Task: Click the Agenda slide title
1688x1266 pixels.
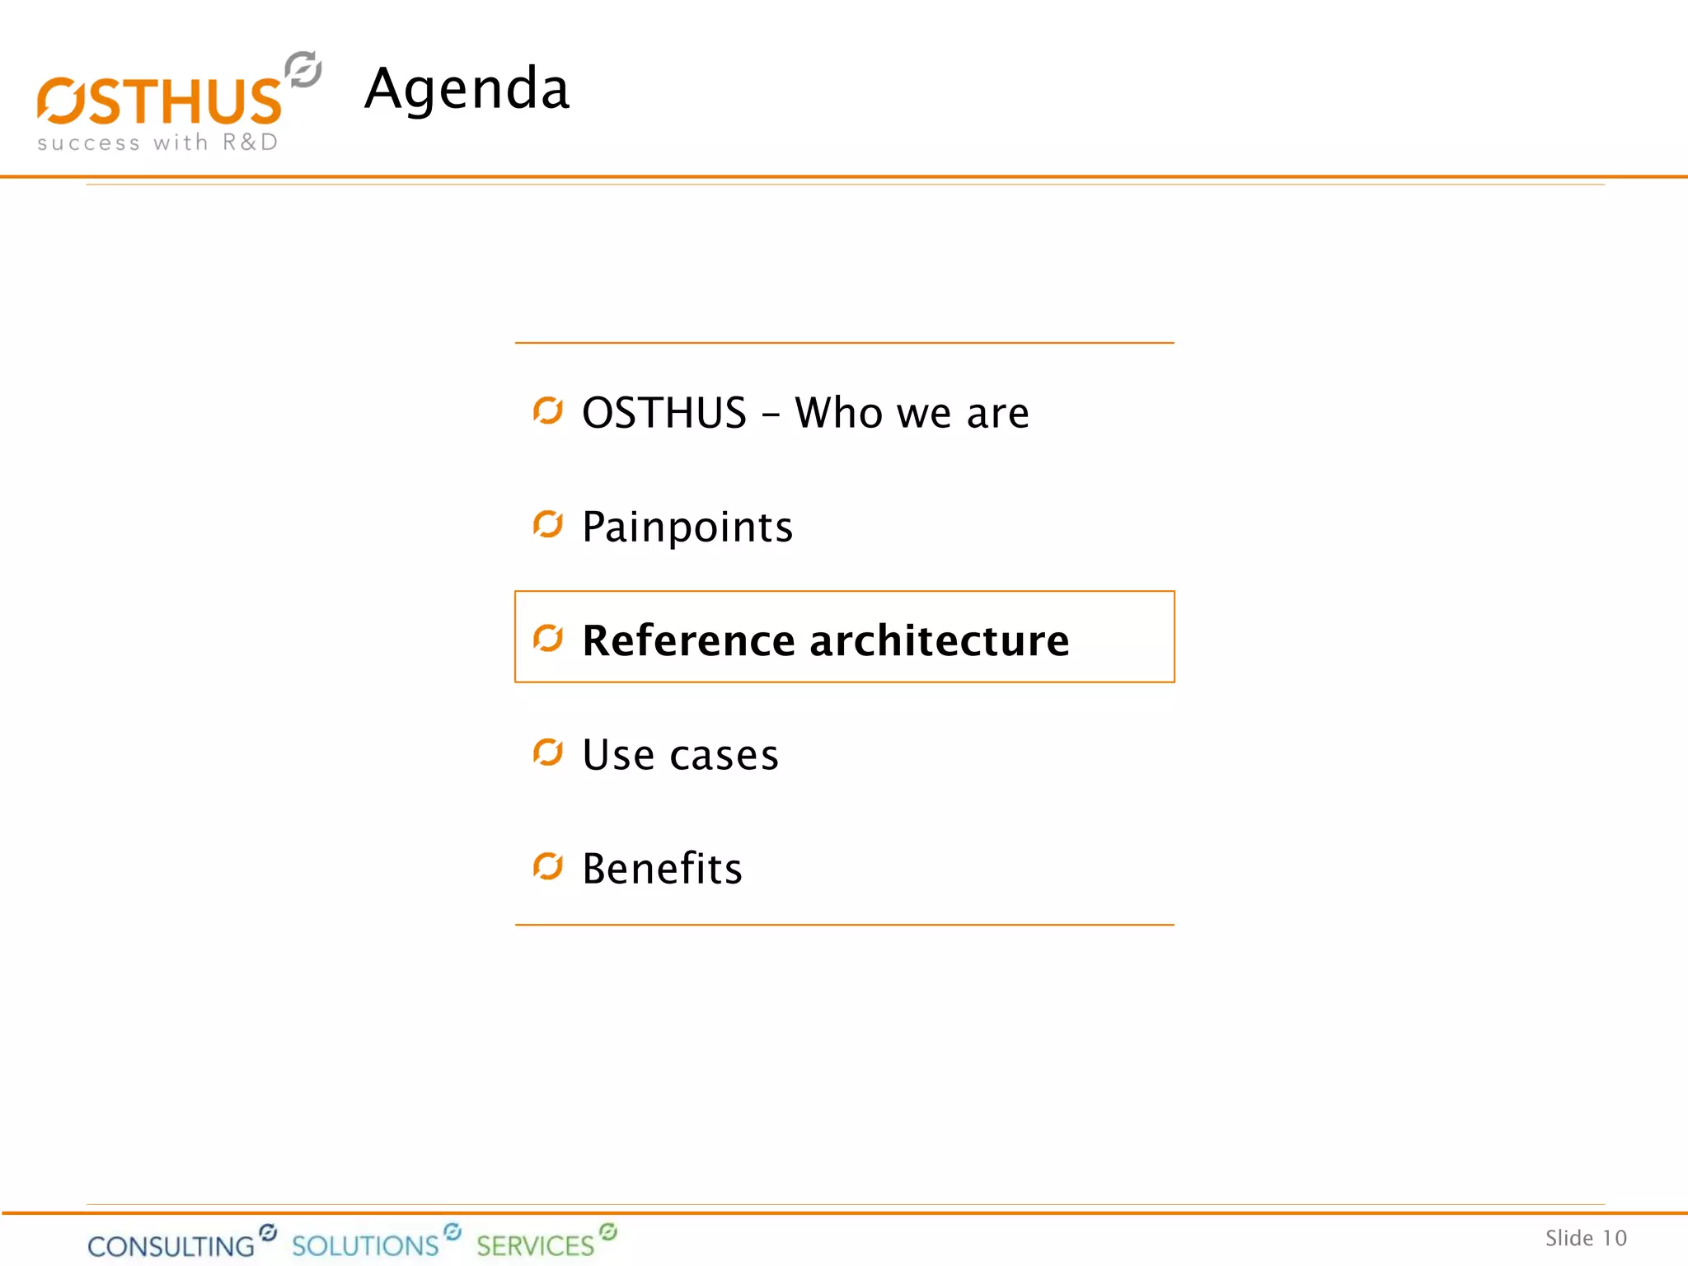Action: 467,88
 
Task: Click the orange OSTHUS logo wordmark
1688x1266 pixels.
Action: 160,101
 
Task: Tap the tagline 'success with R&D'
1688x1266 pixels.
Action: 157,143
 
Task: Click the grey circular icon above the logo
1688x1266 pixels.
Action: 302,69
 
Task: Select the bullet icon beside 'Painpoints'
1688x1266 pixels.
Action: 548,524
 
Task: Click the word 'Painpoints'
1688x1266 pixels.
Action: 687,527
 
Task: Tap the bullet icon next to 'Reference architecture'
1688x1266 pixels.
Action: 548,638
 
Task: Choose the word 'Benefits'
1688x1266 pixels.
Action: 662,868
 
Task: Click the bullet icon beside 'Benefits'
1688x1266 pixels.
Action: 548,866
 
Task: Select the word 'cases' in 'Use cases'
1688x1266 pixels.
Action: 724,755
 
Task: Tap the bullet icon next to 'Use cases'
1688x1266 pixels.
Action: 548,753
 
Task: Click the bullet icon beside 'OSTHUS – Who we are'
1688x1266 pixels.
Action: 548,410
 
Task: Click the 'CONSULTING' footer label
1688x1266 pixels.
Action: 171,1245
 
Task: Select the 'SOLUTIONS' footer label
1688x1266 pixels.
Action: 365,1245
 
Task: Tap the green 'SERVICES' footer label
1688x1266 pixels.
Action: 535,1245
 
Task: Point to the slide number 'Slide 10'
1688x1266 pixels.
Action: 1586,1238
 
